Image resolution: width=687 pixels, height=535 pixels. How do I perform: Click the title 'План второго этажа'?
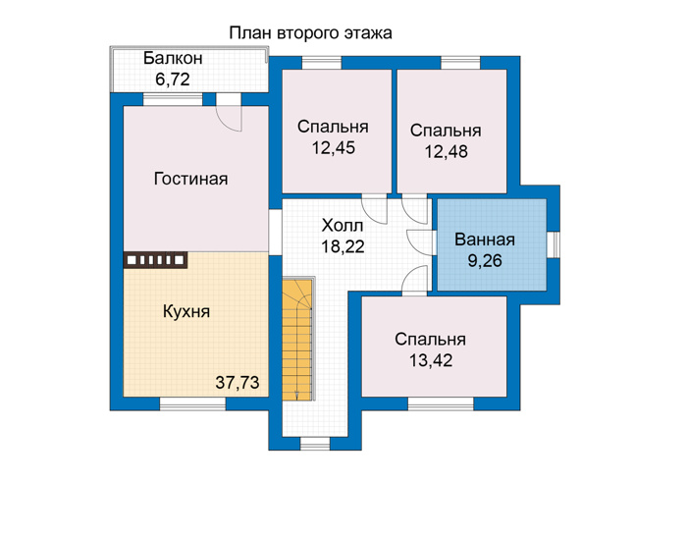click(x=310, y=33)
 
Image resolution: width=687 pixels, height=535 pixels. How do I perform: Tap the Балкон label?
click(x=173, y=58)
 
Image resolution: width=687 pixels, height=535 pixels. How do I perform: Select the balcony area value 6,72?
click(x=173, y=80)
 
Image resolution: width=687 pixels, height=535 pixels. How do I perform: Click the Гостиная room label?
click(x=191, y=180)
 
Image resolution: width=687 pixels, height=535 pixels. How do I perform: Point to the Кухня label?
click(x=186, y=311)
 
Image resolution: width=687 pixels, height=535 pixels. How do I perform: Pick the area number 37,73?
click(x=238, y=383)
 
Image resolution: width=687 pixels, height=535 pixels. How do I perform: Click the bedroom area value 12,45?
click(x=334, y=148)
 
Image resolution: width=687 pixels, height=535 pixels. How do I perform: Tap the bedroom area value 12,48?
click(x=446, y=151)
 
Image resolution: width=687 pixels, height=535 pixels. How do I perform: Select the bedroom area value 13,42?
click(x=431, y=360)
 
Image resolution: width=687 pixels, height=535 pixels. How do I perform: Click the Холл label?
click(x=343, y=226)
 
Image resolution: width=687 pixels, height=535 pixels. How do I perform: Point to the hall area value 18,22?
click(x=343, y=246)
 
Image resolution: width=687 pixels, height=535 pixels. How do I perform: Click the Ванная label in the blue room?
click(x=485, y=240)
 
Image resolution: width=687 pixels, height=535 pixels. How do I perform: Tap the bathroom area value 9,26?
click(x=485, y=261)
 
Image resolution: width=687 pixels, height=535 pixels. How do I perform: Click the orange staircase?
click(x=297, y=340)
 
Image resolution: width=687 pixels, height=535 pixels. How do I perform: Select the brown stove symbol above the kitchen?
click(x=155, y=260)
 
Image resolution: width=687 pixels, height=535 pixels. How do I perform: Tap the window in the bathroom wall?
click(x=554, y=244)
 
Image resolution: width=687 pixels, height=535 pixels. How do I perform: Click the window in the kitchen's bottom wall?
click(x=192, y=403)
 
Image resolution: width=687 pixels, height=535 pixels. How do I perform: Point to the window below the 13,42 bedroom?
click(x=441, y=403)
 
